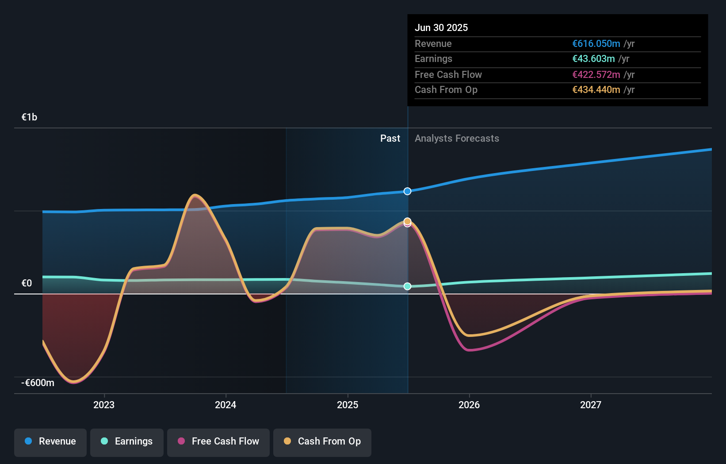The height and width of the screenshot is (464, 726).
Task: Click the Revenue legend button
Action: click(x=50, y=442)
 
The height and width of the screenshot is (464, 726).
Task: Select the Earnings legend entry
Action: click(x=127, y=442)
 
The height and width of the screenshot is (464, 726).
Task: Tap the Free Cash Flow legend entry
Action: click(x=218, y=442)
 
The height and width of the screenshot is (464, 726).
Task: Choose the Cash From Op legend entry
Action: click(x=322, y=442)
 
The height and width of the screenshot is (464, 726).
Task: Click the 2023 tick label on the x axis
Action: click(x=104, y=405)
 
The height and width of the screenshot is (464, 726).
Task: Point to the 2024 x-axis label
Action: click(x=225, y=405)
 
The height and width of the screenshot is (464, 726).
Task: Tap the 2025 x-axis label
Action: click(x=348, y=405)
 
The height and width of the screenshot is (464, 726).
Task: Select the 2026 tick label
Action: click(x=469, y=405)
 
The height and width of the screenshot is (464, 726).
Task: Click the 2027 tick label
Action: click(x=591, y=405)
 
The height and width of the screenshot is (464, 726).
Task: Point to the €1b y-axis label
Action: click(x=29, y=117)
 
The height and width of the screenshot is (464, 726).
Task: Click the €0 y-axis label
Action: click(x=27, y=283)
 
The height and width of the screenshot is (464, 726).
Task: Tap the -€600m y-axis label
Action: click(x=38, y=383)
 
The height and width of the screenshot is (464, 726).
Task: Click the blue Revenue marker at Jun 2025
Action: click(x=408, y=191)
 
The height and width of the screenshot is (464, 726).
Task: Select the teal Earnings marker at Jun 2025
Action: click(x=408, y=286)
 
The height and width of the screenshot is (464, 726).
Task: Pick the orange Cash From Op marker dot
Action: click(x=408, y=221)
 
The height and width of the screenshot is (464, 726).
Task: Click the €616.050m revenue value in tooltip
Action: click(x=596, y=44)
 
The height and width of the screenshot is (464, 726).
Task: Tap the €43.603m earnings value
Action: click(x=593, y=59)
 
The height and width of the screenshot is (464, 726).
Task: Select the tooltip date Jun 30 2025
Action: click(x=441, y=28)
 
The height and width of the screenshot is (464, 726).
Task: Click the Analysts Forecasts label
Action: click(x=457, y=139)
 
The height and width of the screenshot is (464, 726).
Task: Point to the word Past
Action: click(x=390, y=139)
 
